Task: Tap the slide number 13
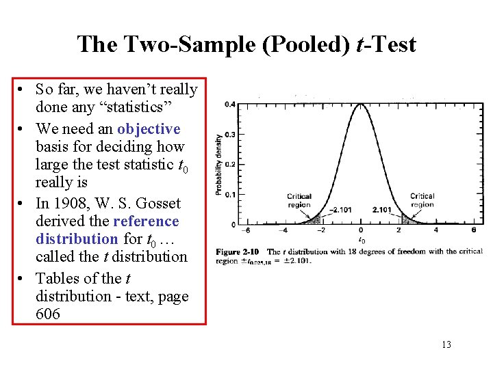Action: point(446,344)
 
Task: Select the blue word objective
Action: point(149,129)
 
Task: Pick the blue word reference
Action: point(146,221)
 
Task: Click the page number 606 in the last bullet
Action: point(48,314)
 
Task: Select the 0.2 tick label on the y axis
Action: point(231,165)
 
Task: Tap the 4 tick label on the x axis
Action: point(435,230)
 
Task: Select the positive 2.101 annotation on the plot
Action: point(381,209)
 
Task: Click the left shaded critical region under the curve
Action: point(314,219)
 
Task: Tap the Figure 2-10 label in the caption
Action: point(236,251)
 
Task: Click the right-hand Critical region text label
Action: point(422,200)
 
